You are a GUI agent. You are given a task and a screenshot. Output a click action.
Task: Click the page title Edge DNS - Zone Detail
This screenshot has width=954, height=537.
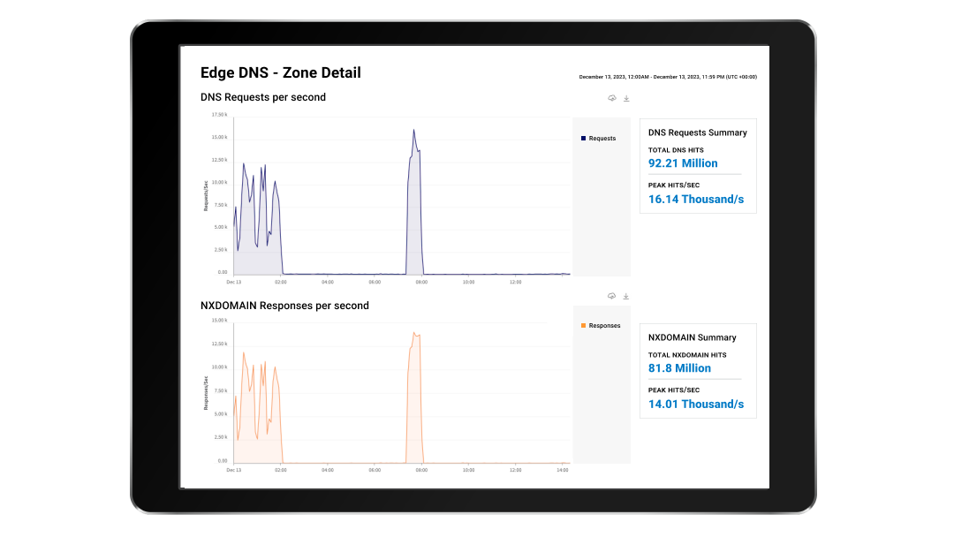(281, 73)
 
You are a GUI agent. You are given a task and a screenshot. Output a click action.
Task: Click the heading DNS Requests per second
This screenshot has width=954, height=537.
(263, 97)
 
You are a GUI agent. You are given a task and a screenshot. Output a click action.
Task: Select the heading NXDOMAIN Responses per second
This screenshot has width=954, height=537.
(284, 306)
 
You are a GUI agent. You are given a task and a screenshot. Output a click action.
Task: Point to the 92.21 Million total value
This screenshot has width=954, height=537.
(683, 163)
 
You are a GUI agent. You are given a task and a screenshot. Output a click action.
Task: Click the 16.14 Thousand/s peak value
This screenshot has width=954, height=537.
(696, 200)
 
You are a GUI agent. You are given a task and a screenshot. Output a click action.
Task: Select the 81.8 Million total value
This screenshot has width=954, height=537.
(679, 368)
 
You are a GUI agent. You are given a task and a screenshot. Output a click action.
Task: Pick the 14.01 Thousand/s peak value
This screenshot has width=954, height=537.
(696, 405)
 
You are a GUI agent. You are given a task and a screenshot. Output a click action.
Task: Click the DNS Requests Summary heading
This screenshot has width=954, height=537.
(698, 132)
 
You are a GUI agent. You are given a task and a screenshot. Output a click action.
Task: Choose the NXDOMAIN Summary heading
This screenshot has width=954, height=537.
(693, 337)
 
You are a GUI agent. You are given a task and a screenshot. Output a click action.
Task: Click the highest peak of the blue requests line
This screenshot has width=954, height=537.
(413, 130)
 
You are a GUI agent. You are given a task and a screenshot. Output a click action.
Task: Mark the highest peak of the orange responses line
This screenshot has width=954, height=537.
(414, 333)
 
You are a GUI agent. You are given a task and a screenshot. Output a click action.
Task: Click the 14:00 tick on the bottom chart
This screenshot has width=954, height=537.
(563, 471)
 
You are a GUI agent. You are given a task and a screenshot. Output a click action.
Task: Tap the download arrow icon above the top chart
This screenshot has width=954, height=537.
(626, 98)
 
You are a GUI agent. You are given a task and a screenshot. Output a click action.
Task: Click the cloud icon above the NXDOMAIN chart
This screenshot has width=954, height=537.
(611, 296)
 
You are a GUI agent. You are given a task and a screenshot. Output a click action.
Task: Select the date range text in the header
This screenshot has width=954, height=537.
(667, 77)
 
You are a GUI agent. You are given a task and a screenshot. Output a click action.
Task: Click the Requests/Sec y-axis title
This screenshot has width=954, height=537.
(206, 195)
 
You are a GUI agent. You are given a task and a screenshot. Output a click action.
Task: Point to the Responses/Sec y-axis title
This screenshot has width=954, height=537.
(206, 393)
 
